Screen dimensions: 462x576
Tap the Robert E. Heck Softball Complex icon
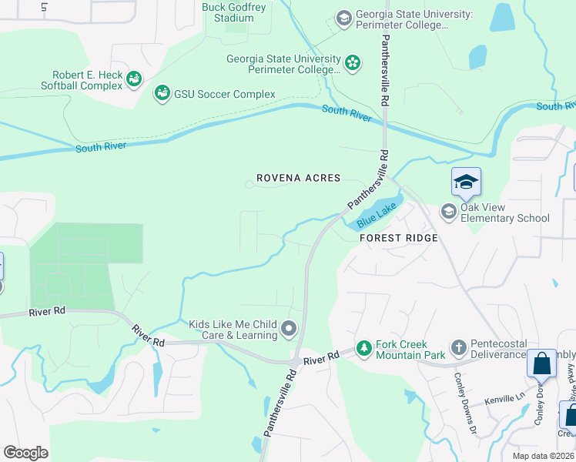click(x=134, y=78)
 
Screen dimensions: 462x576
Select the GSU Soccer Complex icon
click(x=162, y=94)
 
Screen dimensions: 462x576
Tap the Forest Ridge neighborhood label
click(x=399, y=238)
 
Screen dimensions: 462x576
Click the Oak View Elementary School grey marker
click(x=448, y=210)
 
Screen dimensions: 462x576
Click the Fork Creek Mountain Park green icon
click(x=363, y=349)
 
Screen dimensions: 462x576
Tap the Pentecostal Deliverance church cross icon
click(x=458, y=349)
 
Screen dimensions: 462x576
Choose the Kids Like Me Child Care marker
click(x=289, y=330)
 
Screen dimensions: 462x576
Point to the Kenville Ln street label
click(x=504, y=401)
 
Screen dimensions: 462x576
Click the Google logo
click(x=26, y=452)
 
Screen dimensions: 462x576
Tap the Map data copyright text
click(x=543, y=456)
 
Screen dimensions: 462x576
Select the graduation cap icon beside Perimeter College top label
click(x=343, y=17)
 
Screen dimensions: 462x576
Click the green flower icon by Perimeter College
click(x=353, y=62)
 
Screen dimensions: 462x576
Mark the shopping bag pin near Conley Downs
click(x=542, y=363)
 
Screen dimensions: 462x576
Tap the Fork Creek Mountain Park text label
click(x=410, y=350)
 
